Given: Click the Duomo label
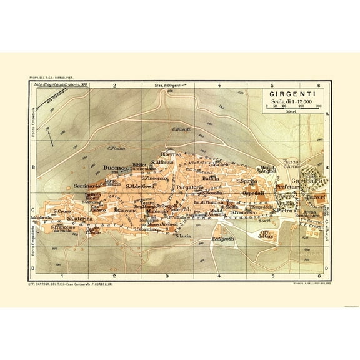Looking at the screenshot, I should click(x=114, y=167).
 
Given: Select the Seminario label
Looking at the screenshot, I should click(x=88, y=186).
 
